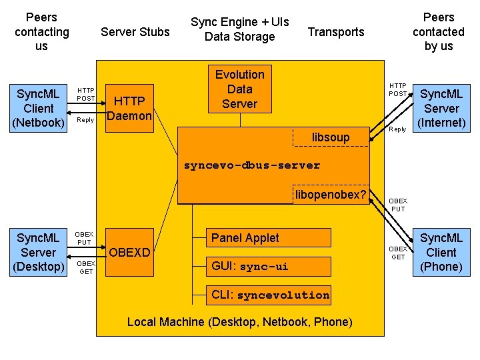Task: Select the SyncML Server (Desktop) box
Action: [38, 252]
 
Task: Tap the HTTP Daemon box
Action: [130, 108]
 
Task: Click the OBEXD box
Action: [130, 253]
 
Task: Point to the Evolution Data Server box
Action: [239, 89]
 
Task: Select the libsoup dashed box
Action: [331, 137]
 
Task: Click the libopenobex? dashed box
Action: [331, 194]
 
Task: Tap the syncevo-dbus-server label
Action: [252, 165]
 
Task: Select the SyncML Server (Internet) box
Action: [441, 108]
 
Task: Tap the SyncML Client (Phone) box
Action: [441, 252]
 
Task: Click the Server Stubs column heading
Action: [135, 32]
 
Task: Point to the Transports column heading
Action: [336, 32]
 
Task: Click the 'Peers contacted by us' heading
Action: [438, 31]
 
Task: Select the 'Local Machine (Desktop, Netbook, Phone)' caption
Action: [239, 322]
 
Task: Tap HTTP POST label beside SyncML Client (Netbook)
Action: [85, 94]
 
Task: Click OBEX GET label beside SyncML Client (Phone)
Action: [397, 253]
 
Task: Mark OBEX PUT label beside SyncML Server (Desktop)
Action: [84, 238]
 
